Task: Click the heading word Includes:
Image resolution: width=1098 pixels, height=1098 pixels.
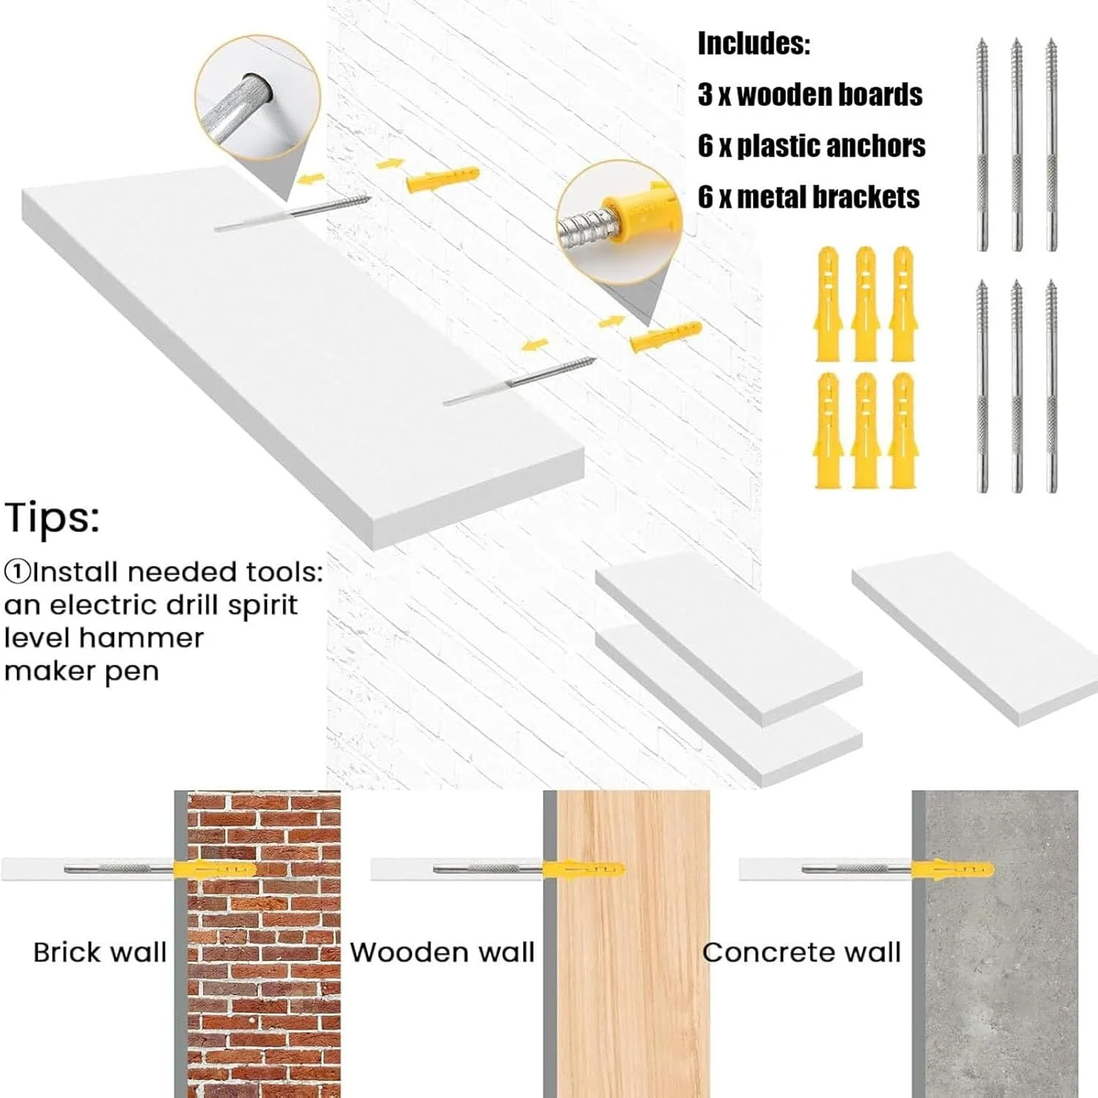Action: point(754,44)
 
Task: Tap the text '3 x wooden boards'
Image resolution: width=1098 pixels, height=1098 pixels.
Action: point(809,94)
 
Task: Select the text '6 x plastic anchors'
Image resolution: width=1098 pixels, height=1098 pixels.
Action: point(812,146)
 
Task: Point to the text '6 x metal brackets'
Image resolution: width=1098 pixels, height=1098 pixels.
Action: point(809,197)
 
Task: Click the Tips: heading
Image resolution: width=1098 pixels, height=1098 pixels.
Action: point(51,518)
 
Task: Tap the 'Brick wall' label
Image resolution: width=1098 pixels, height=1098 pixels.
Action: point(100,952)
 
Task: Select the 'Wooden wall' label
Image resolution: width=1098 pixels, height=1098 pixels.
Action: point(442,952)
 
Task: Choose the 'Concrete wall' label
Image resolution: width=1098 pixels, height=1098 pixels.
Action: point(801,952)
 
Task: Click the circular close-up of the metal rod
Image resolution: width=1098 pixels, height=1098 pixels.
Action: point(258,97)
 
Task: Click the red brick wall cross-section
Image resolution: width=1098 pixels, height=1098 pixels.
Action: point(264,944)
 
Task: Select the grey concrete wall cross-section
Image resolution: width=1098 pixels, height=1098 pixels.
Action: point(1001,944)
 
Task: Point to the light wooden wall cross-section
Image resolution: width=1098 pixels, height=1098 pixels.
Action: point(634,944)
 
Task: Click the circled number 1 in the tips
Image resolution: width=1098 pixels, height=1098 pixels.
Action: point(17,572)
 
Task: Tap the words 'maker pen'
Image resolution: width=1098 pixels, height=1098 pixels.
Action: point(81,671)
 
